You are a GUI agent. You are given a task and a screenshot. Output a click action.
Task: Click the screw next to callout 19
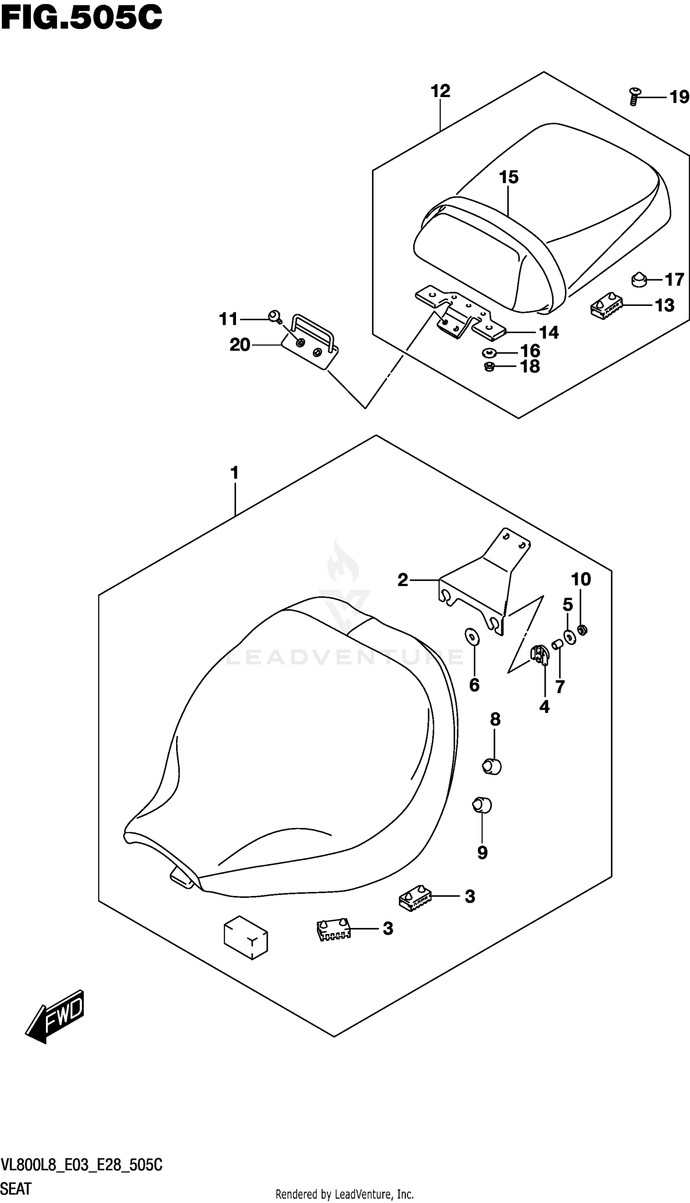634,97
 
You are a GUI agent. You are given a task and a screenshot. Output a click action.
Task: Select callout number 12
440,91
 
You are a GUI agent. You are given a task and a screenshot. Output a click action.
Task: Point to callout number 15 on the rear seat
508,178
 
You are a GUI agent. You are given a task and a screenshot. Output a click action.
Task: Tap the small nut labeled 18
489,366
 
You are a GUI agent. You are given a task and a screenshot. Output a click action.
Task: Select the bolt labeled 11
274,316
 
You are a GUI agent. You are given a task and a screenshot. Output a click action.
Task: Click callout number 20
239,345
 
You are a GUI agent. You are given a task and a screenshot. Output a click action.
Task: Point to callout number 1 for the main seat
234,473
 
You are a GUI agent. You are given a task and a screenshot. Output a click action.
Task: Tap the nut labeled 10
583,630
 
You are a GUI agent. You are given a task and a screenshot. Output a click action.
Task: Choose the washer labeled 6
472,637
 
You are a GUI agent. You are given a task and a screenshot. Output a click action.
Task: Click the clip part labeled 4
539,656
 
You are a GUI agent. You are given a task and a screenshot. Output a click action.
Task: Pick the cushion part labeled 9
482,805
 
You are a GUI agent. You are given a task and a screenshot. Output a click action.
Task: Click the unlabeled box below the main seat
246,938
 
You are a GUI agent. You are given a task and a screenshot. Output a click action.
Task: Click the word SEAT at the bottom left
16,1189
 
